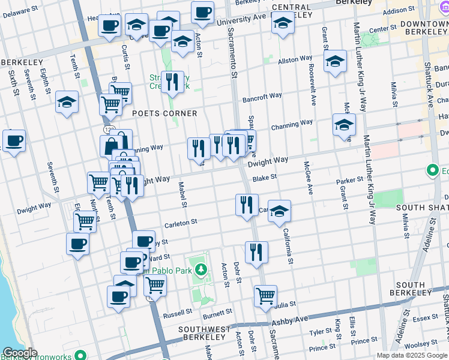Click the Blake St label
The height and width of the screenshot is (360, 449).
[264, 178]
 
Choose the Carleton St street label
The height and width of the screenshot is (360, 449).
[181, 222]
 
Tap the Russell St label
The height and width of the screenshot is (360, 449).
[178, 313]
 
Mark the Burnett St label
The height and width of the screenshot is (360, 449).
[217, 313]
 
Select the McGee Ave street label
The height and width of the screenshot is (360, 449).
[308, 177]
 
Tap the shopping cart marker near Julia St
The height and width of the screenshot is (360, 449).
[265, 296]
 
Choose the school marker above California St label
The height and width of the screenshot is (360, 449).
[279, 211]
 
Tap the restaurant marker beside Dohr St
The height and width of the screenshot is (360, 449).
[256, 251]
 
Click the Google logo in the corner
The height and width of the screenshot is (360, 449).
[19, 353]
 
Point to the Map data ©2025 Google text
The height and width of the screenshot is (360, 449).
[412, 355]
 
